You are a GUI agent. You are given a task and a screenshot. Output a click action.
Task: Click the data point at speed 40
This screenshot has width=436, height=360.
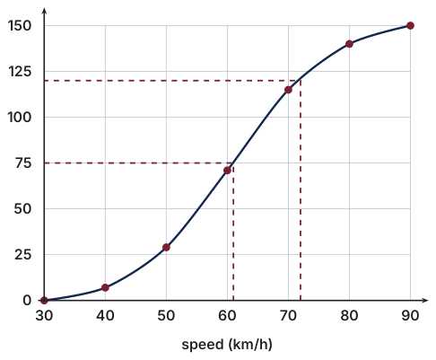click(x=105, y=287)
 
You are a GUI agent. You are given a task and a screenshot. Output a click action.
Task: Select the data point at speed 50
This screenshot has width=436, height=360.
click(x=166, y=248)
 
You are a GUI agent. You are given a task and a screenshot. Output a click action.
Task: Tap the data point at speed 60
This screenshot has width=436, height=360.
click(x=227, y=171)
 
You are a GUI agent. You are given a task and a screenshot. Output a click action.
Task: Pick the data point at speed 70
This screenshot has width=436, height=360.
click(x=288, y=90)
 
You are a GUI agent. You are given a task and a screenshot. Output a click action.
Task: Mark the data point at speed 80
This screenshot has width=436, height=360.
click(x=349, y=44)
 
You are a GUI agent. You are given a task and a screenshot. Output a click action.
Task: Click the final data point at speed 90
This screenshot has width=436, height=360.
click(x=410, y=26)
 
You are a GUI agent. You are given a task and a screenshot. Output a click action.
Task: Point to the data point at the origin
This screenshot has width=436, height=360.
click(x=44, y=300)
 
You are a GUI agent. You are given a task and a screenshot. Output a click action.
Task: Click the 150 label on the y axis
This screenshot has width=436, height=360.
click(x=20, y=26)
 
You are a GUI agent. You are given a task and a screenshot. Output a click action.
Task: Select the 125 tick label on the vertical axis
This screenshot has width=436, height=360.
click(x=20, y=72)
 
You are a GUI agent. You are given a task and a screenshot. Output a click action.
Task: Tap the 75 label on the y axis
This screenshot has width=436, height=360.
click(x=23, y=163)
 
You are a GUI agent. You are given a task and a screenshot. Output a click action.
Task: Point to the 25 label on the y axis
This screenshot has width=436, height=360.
click(x=22, y=255)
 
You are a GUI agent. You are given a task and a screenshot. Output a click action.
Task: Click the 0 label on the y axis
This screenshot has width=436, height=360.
click(x=27, y=300)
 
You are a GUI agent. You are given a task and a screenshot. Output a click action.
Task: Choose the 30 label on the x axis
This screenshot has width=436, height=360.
click(x=44, y=316)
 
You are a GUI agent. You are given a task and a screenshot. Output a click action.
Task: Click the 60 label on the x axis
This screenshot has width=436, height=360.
click(x=227, y=316)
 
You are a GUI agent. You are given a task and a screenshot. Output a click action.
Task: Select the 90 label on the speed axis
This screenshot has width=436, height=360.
click(x=410, y=316)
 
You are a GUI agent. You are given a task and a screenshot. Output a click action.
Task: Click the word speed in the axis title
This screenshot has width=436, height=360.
click(x=203, y=345)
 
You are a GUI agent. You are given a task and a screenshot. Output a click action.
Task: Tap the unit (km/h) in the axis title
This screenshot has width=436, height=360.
click(x=250, y=345)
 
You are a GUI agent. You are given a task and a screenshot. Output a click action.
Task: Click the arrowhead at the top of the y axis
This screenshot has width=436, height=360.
click(x=44, y=11)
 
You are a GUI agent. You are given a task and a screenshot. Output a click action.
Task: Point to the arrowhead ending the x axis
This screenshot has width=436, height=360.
click(x=425, y=300)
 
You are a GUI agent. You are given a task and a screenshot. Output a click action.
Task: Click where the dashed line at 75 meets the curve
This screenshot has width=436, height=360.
click(x=232, y=163)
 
